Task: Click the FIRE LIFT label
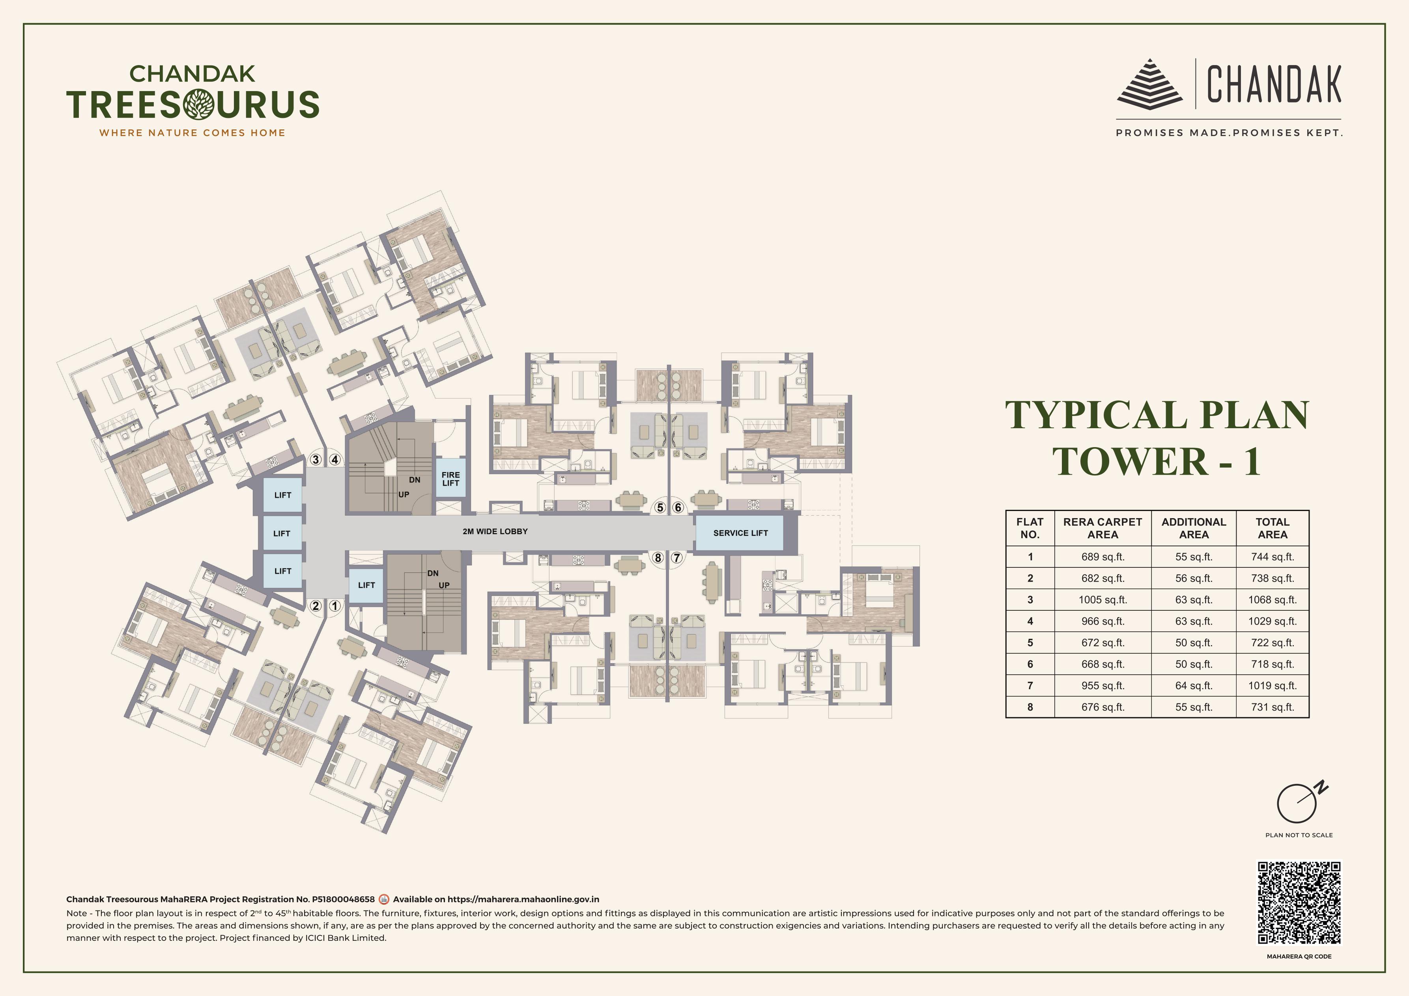click(x=450, y=478)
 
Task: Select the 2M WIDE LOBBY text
click(x=495, y=531)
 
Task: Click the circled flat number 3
click(x=316, y=459)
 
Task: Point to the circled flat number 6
click(x=678, y=507)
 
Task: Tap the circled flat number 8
click(x=658, y=558)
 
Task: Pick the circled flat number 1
click(x=334, y=606)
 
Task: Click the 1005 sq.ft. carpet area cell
click(x=1103, y=600)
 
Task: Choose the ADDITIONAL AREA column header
click(x=1194, y=528)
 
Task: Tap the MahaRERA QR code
click(x=1299, y=903)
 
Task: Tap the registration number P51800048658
click(x=343, y=899)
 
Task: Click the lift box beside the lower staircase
click(x=366, y=585)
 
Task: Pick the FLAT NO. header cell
click(x=1030, y=528)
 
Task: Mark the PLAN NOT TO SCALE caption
click(x=1299, y=835)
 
